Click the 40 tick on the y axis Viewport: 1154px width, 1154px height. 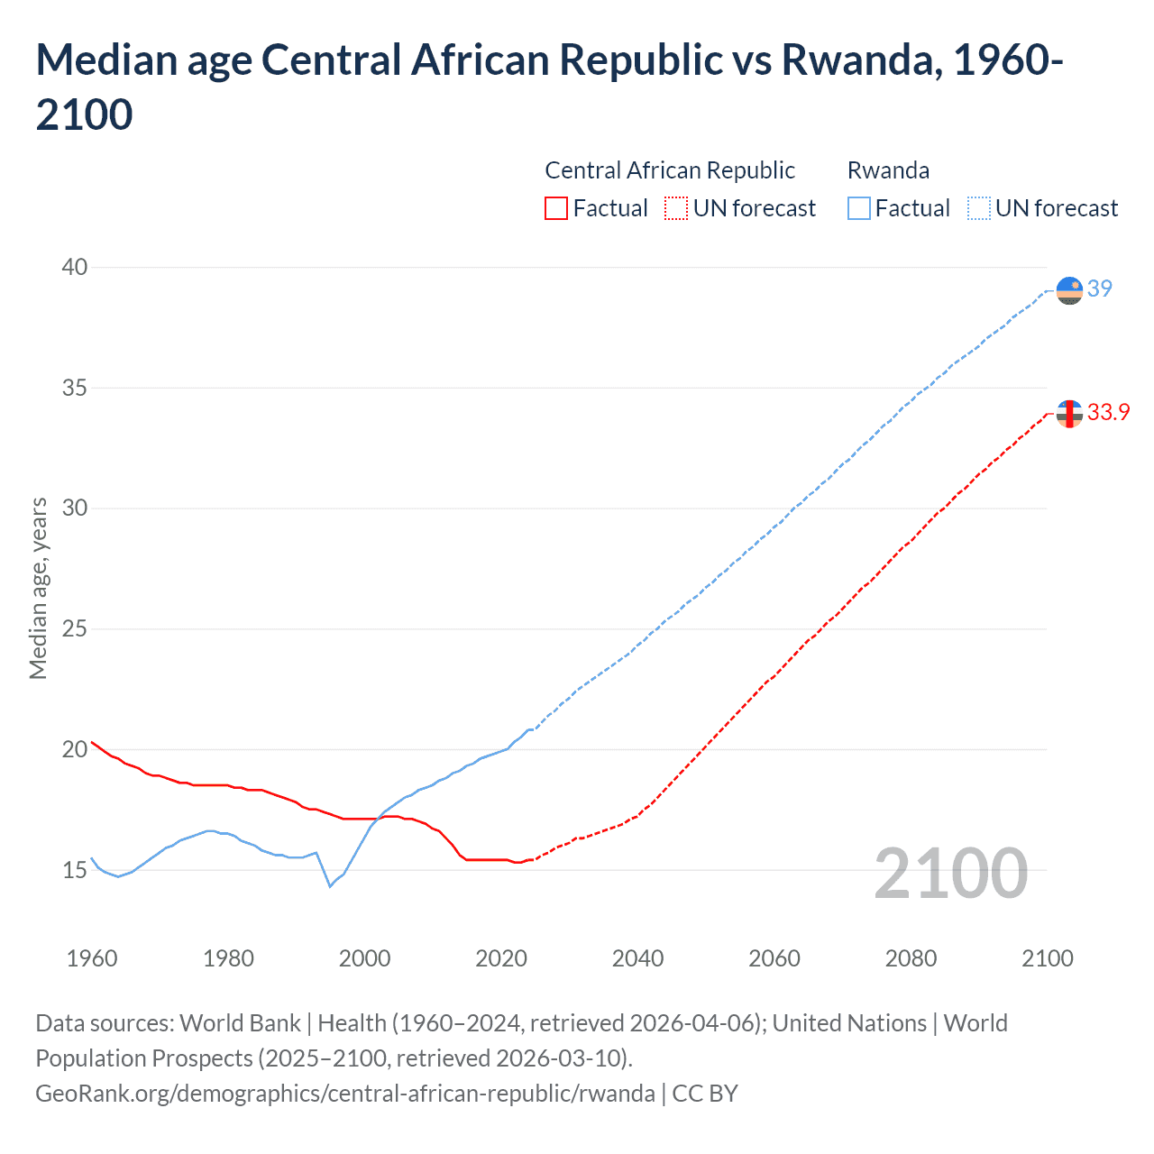(x=75, y=267)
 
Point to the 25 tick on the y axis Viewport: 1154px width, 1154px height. (x=75, y=628)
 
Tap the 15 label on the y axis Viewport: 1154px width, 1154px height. (x=75, y=870)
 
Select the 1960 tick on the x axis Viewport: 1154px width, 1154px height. (x=92, y=958)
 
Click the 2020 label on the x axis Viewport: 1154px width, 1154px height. (x=501, y=958)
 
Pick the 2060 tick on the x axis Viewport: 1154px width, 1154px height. (x=774, y=958)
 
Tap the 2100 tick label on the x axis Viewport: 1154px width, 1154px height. (x=1047, y=958)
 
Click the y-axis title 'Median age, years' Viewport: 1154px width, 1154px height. (x=38, y=588)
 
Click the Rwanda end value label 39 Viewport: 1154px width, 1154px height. (x=1099, y=288)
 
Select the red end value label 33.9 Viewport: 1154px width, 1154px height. (x=1108, y=412)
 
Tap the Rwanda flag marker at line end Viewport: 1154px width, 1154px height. (x=1069, y=291)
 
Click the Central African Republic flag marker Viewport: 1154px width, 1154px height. (x=1069, y=414)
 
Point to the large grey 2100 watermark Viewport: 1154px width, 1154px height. (x=950, y=873)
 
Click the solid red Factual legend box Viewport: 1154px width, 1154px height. (x=556, y=208)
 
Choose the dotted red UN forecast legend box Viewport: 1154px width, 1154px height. (x=676, y=208)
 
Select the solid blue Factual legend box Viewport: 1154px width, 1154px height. (x=859, y=208)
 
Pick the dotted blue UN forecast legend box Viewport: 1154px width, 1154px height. (x=978, y=208)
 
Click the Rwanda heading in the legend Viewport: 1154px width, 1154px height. (x=888, y=170)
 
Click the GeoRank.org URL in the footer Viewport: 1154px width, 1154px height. (x=345, y=1094)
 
